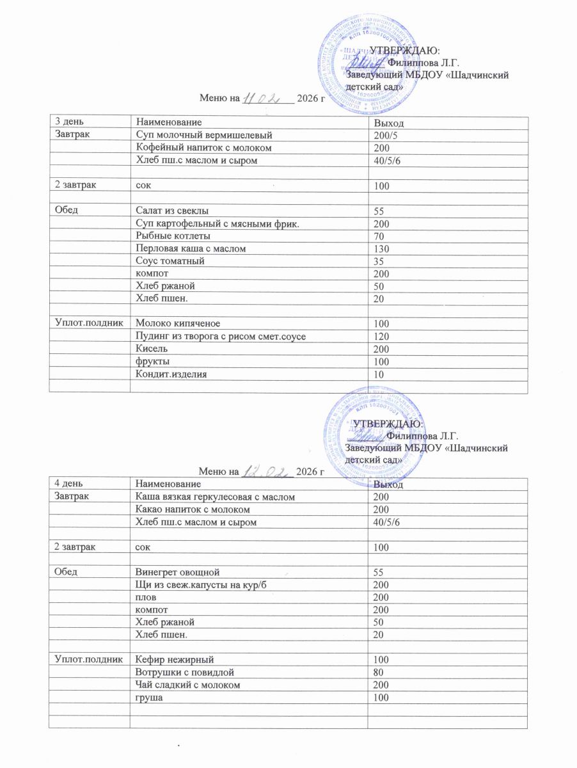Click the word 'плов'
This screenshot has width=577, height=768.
pyautogui.click(x=146, y=596)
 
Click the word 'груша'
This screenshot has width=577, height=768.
pyautogui.click(x=148, y=697)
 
